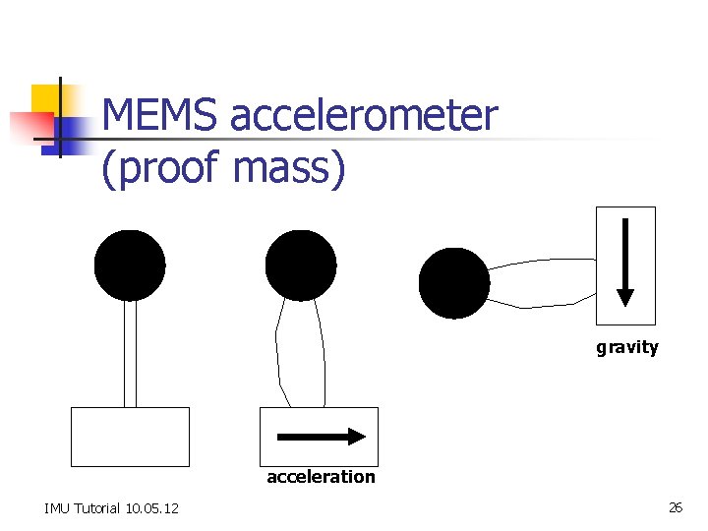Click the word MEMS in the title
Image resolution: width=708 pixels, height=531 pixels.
(x=160, y=116)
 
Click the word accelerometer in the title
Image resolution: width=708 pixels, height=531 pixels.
(x=364, y=116)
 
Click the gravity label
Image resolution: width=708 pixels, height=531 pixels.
(x=626, y=347)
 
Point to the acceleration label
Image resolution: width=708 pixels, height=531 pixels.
(x=321, y=477)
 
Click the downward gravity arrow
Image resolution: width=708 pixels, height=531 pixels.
(x=625, y=265)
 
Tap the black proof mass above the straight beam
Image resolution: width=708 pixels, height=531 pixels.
(x=130, y=265)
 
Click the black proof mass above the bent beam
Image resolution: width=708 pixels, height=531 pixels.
(x=301, y=265)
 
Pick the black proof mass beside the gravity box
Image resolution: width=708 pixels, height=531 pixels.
(x=454, y=283)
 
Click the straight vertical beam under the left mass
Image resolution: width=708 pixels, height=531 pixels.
(x=130, y=354)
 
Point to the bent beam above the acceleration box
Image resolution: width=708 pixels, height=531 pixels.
(x=300, y=354)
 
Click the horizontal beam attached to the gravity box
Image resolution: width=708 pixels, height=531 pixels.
(x=543, y=283)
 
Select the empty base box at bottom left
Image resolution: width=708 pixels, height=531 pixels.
(x=130, y=437)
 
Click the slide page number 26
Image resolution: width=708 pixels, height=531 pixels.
(x=676, y=507)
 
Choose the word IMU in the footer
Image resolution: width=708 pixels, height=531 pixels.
(x=56, y=508)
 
